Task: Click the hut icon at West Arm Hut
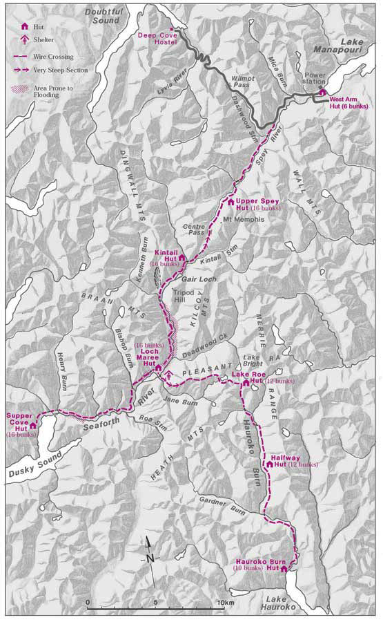coord(322,92)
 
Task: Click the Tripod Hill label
coord(184,296)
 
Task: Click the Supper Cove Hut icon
coord(32,426)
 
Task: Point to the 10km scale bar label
coord(226,603)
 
